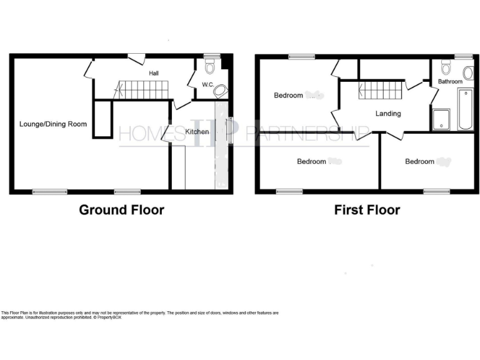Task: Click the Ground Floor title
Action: (121, 210)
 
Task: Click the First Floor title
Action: (367, 210)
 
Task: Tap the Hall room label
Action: (154, 73)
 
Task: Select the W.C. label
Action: (207, 85)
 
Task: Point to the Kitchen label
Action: (197, 132)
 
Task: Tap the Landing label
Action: (387, 114)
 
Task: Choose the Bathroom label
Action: (450, 82)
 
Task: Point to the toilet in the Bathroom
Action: (446, 67)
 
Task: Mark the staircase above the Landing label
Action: (381, 91)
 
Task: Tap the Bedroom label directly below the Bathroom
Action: (419, 162)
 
